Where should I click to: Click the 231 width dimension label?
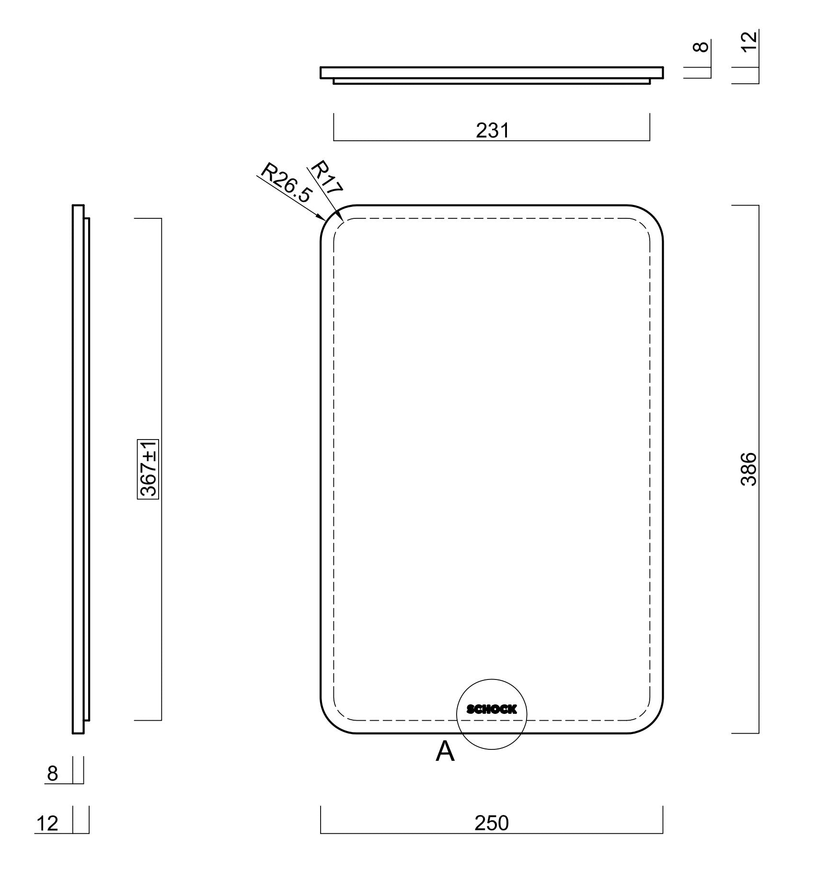click(492, 130)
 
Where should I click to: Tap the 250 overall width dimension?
click(492, 823)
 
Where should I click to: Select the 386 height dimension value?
click(748, 469)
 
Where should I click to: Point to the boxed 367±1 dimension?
click(148, 469)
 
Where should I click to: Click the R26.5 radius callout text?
click(287, 182)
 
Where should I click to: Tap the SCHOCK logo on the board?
click(492, 709)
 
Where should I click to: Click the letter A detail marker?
click(445, 751)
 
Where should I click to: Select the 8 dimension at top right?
click(703, 47)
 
